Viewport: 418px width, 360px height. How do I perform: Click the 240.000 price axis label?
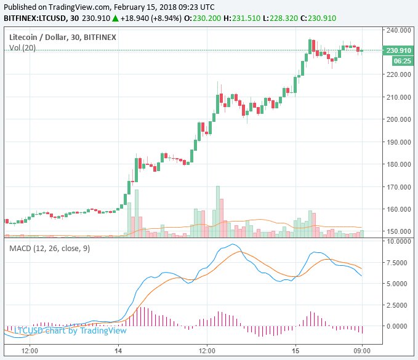pos(398,30)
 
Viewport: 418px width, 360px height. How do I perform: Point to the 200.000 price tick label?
pos(398,119)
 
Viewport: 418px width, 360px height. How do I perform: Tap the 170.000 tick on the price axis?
pos(398,186)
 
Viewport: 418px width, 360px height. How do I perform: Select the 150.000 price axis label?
pos(398,231)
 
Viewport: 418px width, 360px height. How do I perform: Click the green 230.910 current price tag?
pos(398,50)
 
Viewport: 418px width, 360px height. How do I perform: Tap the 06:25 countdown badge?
pos(402,60)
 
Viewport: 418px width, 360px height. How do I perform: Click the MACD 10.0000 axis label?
pos(398,241)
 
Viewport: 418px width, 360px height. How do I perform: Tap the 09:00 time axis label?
pos(361,350)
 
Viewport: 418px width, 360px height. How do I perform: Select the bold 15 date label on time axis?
pos(295,350)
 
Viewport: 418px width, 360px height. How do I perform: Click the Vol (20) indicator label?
pos(21,48)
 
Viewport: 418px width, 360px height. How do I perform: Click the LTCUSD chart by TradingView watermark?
pos(70,330)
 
